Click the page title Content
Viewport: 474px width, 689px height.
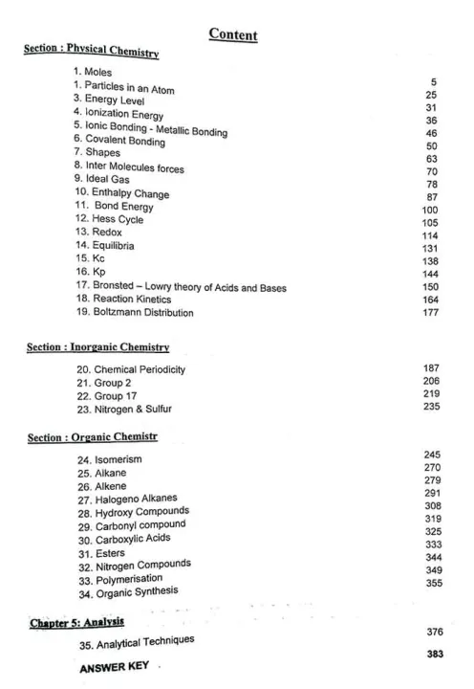pyautogui.click(x=232, y=35)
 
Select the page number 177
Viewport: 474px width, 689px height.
pyautogui.click(x=430, y=311)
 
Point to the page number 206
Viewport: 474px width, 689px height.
pyautogui.click(x=431, y=381)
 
